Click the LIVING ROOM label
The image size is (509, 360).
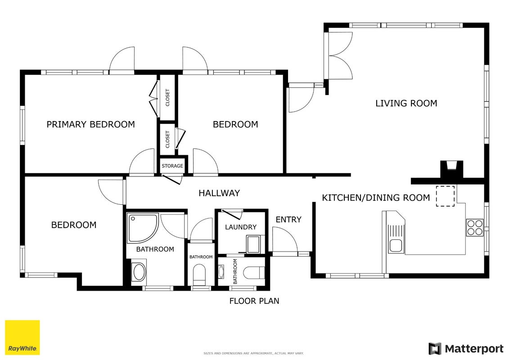406,103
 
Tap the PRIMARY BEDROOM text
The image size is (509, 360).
90,124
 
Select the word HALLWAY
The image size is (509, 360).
219,193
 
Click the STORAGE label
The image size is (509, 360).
172,166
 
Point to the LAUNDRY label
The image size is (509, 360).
241,227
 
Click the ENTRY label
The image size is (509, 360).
288,220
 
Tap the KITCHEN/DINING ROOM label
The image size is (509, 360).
376,198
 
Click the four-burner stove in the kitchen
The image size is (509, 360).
475,227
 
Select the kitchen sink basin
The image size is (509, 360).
395,246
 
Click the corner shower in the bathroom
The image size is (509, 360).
143,228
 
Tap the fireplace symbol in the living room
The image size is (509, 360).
451,170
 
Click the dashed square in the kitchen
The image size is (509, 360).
445,196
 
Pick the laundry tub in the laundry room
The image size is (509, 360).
253,244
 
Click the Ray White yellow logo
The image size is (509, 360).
23,337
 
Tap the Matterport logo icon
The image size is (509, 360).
435,349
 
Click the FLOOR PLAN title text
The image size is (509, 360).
254,301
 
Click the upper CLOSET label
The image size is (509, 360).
167,97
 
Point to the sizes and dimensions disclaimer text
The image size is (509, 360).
253,353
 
